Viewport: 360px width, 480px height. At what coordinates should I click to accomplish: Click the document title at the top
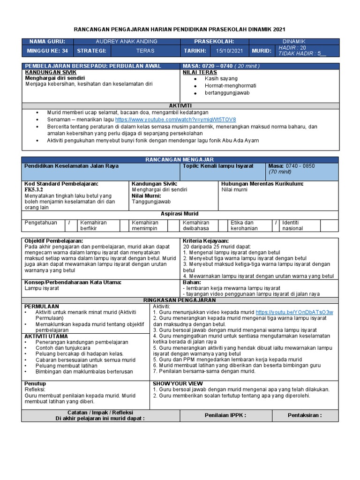pyautogui.click(x=180, y=29)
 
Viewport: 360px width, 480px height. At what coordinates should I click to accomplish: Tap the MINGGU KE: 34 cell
pyautogui.click(x=47, y=51)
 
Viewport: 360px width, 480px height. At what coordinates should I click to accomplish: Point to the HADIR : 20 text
pyautogui.click(x=292, y=48)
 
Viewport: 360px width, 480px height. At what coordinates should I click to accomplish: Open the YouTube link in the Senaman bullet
pyautogui.click(x=176, y=120)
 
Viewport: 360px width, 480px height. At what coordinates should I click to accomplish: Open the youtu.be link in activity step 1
pyautogui.click(x=294, y=312)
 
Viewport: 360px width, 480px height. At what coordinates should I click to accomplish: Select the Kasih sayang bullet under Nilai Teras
pyautogui.click(x=221, y=79)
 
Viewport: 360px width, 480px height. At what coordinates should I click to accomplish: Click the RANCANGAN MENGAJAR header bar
pyautogui.click(x=180, y=160)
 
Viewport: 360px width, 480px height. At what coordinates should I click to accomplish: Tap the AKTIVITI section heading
pyautogui.click(x=180, y=106)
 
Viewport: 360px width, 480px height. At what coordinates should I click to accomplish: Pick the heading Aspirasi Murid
pyautogui.click(x=180, y=213)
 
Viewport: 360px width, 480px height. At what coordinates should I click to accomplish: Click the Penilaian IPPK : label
pyautogui.click(x=225, y=415)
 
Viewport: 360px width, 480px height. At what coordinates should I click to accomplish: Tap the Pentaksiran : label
pyautogui.click(x=305, y=415)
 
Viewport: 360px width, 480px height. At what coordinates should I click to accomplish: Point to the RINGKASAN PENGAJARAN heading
pyautogui.click(x=180, y=300)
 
